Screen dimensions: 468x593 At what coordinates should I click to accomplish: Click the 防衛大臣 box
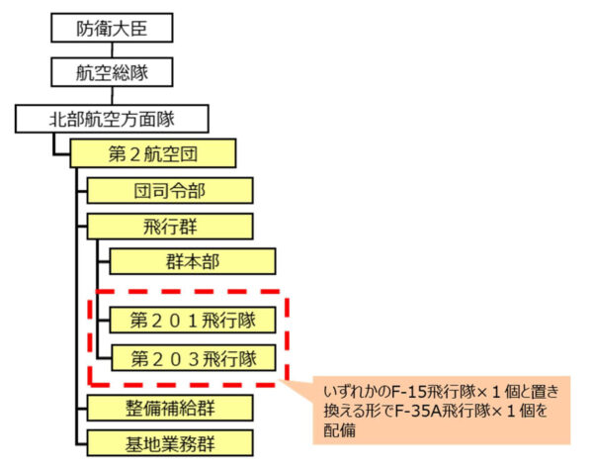(x=115, y=28)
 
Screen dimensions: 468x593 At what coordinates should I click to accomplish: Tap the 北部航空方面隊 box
(x=113, y=121)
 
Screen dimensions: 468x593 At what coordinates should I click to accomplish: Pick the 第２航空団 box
(x=153, y=153)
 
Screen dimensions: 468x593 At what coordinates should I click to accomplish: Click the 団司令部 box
(x=170, y=190)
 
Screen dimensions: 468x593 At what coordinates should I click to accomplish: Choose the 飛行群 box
(x=170, y=226)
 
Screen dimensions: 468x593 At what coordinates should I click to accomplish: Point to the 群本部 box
(x=193, y=261)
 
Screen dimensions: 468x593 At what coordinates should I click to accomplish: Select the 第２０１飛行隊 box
(x=193, y=321)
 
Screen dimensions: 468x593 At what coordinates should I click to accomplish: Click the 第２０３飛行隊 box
(x=193, y=356)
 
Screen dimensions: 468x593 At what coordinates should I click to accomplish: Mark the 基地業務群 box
(x=170, y=440)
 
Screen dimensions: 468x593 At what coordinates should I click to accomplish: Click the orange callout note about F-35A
(x=440, y=409)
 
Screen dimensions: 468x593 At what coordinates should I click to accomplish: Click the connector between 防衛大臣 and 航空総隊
(x=115, y=50)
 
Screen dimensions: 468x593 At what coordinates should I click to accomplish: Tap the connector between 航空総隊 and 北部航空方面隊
(x=115, y=97)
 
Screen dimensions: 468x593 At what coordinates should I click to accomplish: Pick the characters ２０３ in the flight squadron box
(x=180, y=356)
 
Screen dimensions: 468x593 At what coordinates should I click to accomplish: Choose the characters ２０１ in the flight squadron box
(x=180, y=321)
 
